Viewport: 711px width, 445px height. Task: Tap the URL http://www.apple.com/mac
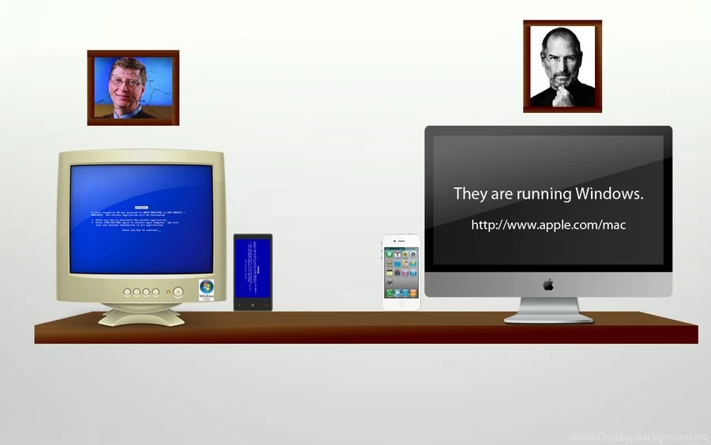pos(548,225)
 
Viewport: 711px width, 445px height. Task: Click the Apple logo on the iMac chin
pos(548,284)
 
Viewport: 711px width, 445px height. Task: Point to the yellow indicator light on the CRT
pos(179,292)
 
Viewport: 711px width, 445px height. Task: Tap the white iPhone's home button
pos(401,304)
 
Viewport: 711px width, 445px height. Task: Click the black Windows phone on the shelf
pos(253,272)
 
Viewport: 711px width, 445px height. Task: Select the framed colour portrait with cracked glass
pos(133,87)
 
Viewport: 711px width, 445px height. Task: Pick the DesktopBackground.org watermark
pos(639,437)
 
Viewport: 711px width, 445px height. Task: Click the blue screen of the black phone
pos(253,269)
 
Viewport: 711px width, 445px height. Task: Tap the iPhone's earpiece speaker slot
pos(401,240)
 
